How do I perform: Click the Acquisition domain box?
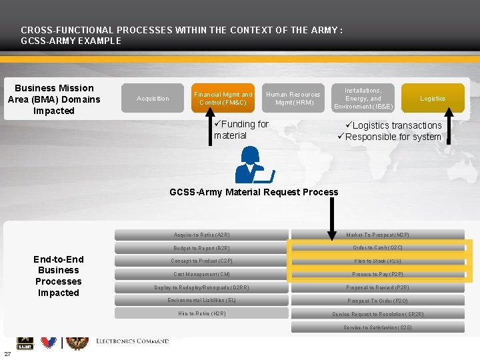click(153, 99)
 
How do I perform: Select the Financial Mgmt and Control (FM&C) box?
click(223, 99)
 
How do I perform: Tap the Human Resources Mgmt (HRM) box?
click(293, 99)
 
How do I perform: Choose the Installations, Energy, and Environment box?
click(363, 99)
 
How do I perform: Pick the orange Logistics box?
click(433, 99)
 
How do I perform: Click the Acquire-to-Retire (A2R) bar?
click(201, 235)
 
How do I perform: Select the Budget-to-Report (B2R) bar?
click(201, 248)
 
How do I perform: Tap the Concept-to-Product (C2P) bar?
click(201, 261)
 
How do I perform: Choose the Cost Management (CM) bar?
click(201, 274)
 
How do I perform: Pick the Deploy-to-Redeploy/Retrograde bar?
click(201, 287)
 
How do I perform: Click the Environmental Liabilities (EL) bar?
click(201, 301)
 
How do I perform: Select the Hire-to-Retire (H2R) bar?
click(201, 313)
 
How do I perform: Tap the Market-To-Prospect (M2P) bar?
click(377, 235)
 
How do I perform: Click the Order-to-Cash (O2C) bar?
click(377, 248)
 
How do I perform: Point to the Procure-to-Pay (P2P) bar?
click(377, 274)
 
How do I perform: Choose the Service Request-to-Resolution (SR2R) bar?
click(377, 314)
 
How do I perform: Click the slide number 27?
click(7, 354)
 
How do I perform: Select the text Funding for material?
click(240, 129)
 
